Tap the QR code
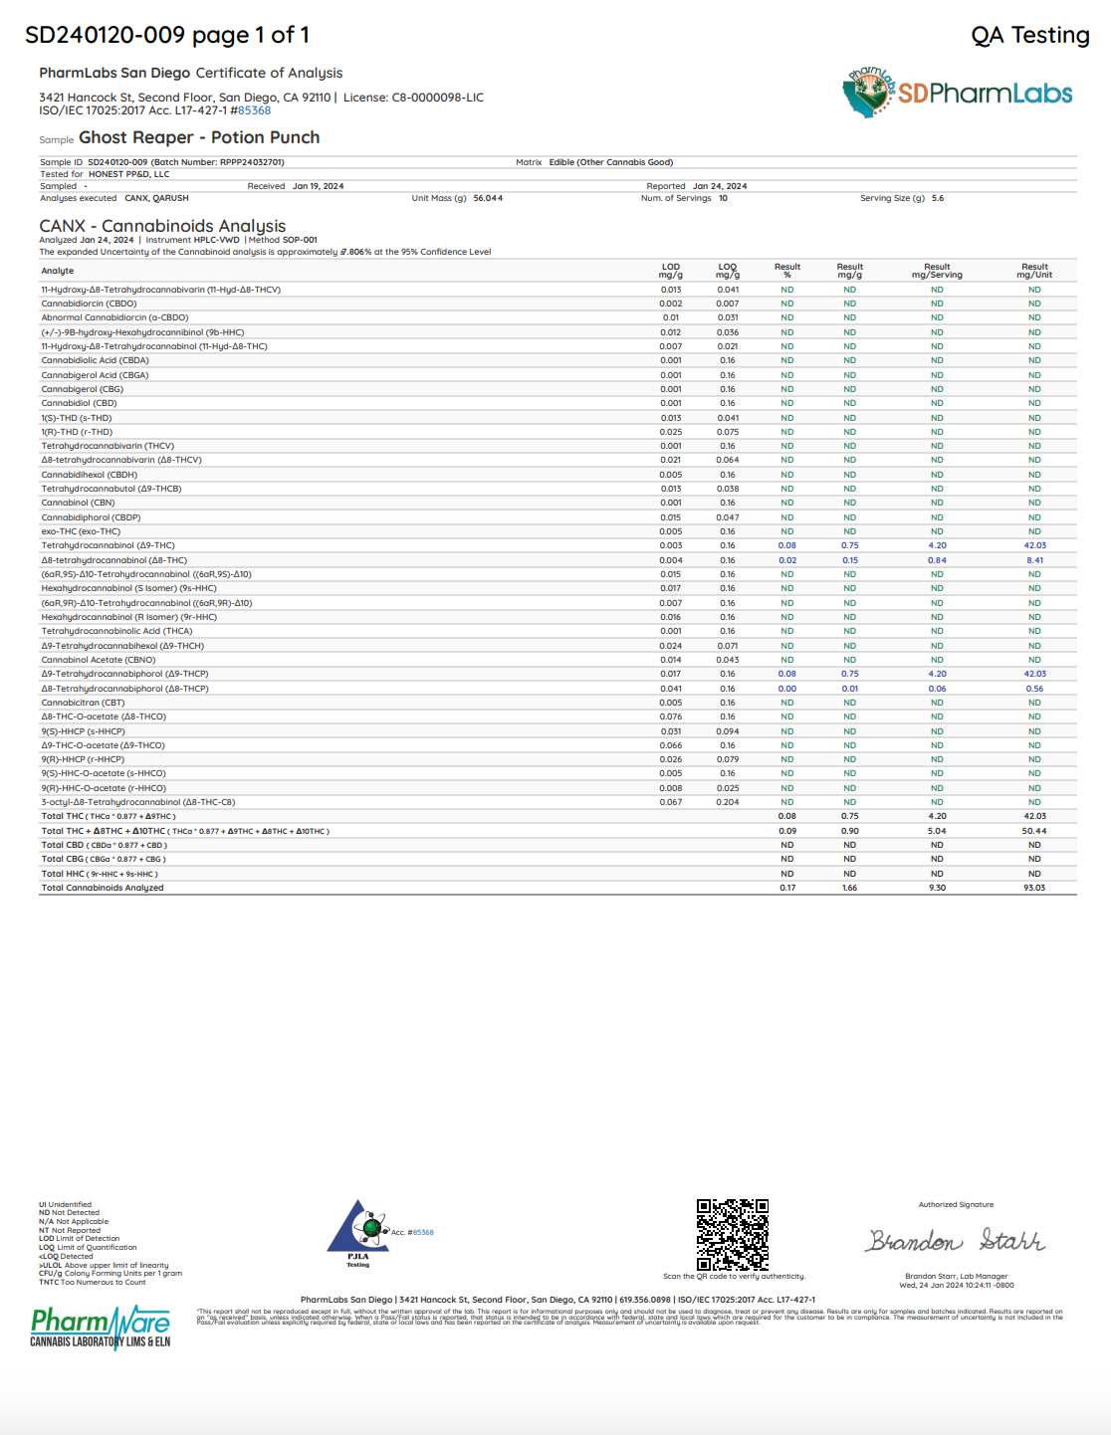click(x=732, y=1234)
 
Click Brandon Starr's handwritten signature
click(x=955, y=1240)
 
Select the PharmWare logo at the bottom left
click(x=100, y=1328)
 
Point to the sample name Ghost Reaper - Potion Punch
click(x=199, y=137)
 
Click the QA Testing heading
click(x=1029, y=36)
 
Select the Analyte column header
click(x=58, y=271)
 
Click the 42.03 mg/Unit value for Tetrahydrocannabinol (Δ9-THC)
click(x=1034, y=545)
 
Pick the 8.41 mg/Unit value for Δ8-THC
click(x=1034, y=560)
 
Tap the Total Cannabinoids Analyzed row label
click(x=103, y=888)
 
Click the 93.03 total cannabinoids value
click(x=1034, y=888)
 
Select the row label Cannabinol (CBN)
click(x=78, y=503)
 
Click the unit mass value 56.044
click(x=488, y=198)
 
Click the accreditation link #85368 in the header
click(x=254, y=110)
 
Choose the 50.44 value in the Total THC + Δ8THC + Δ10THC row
click(x=1034, y=831)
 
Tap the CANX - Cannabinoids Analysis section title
click(x=162, y=226)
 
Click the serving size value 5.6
click(x=938, y=198)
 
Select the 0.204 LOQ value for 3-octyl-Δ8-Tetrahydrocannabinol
click(x=728, y=802)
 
